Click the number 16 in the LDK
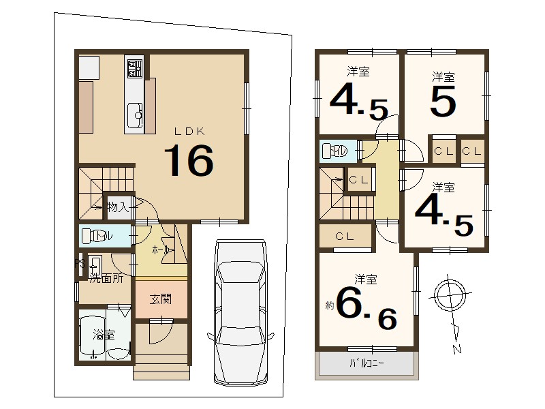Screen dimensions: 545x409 (x=189, y=160)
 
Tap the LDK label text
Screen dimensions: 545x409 (x=189, y=131)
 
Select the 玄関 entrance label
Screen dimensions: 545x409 (x=161, y=299)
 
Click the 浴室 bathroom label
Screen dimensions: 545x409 (x=104, y=335)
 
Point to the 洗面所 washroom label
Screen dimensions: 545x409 (x=106, y=278)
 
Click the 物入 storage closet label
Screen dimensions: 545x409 (x=118, y=207)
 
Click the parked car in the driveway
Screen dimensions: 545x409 (x=240, y=312)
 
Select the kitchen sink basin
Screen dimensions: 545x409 (x=134, y=115)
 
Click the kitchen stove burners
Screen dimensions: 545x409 (x=134, y=69)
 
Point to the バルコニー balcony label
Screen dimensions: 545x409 (x=367, y=364)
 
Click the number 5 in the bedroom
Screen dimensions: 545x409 (x=443, y=101)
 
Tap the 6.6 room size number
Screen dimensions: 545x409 (x=367, y=309)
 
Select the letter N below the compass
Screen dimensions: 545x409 (x=456, y=349)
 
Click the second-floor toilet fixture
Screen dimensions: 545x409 (x=330, y=151)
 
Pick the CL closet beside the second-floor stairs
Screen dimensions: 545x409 (x=359, y=180)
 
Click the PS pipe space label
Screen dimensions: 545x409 (x=80, y=264)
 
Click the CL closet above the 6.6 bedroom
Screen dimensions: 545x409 (x=345, y=237)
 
